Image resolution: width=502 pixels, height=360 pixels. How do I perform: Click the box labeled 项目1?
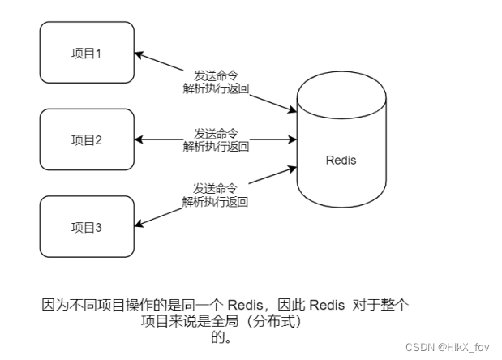click(87, 54)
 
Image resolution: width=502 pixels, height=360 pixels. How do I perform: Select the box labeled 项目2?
click(87, 139)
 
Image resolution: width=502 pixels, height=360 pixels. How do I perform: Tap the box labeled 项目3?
click(87, 228)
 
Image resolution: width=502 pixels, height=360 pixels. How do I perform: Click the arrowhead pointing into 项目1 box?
click(139, 55)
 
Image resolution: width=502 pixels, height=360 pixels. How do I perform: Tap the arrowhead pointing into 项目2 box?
click(139, 139)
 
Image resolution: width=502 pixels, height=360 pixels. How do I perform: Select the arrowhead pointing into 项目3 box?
click(139, 225)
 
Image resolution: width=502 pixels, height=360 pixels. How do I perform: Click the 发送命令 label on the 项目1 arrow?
click(216, 75)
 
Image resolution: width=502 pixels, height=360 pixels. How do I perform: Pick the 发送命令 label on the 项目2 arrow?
click(216, 132)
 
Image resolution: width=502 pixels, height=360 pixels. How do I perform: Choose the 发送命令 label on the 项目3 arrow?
click(216, 188)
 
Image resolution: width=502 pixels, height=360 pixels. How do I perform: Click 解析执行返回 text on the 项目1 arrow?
click(216, 88)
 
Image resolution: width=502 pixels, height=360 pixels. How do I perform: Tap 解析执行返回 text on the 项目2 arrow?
click(216, 146)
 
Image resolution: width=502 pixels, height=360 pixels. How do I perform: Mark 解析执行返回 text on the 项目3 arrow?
click(216, 202)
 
